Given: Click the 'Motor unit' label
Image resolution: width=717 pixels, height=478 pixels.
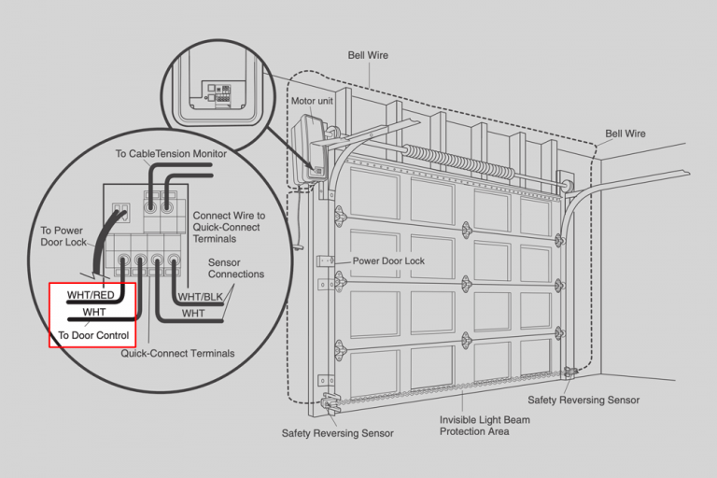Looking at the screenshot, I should (x=312, y=101).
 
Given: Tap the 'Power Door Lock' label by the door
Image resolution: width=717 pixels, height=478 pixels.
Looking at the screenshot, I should (x=387, y=261).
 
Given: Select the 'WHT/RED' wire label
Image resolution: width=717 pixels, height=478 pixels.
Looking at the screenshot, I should (x=91, y=296).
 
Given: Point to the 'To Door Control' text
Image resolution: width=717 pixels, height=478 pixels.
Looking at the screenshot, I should (x=91, y=334).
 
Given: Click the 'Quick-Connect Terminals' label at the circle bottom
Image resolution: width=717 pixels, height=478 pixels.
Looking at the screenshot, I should (x=177, y=353).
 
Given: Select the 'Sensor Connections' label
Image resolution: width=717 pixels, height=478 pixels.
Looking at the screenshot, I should (x=235, y=269).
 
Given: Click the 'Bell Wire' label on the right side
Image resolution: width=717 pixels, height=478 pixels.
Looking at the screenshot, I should (x=625, y=134).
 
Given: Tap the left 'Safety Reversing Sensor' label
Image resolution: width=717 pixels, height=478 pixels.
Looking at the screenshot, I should (x=337, y=433).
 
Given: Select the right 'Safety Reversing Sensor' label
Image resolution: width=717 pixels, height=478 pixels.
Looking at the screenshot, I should (x=583, y=400).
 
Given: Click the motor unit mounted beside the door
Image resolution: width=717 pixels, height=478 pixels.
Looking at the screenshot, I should (x=309, y=149).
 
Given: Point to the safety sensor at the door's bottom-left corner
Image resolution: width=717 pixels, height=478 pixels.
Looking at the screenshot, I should (x=331, y=403).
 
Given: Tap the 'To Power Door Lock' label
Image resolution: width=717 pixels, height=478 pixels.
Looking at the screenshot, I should (x=64, y=235).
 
